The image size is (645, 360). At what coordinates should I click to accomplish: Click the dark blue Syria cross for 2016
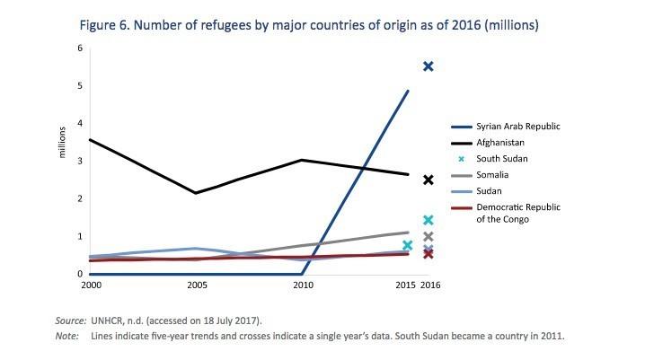tap(429, 66)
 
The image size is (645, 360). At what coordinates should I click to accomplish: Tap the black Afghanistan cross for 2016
tap(429, 180)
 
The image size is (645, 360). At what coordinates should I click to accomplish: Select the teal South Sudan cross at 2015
tap(408, 245)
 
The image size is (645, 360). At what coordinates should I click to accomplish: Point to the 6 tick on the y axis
tap(79, 48)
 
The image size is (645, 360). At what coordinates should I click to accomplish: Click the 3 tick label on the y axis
tap(79, 162)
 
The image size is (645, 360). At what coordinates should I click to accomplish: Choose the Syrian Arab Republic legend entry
tap(520, 126)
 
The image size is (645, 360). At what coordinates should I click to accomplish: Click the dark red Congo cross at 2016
tap(429, 254)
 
